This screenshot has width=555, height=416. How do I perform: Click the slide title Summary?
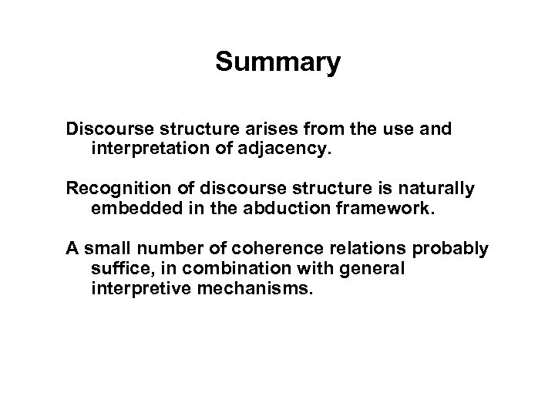click(277, 62)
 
